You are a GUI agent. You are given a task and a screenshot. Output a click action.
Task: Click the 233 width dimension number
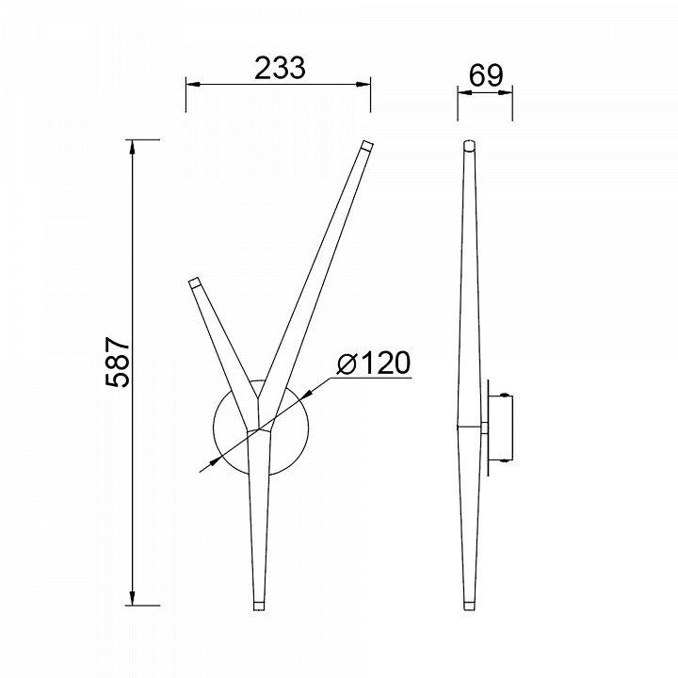280,69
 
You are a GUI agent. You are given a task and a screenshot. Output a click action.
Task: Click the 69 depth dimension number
486,75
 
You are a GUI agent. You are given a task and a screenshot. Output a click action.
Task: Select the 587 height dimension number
117,362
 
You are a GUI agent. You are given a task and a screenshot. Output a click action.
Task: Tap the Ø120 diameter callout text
373,363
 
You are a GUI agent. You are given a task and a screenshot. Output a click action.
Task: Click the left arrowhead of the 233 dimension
193,84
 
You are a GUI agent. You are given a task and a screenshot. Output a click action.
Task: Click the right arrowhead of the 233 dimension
363,84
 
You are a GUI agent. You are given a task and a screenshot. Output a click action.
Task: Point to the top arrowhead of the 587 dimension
133,147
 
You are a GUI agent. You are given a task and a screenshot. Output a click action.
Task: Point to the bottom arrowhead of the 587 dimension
133,598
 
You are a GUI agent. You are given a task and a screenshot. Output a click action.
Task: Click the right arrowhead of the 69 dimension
506,91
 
